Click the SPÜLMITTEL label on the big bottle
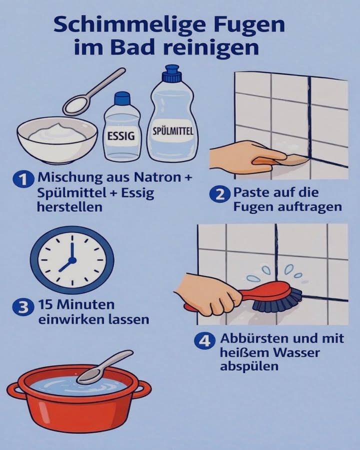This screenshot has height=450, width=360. [172, 131]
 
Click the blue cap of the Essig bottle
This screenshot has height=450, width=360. [122, 98]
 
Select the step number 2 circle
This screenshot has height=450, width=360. [219, 194]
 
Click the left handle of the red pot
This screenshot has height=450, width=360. [15, 390]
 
